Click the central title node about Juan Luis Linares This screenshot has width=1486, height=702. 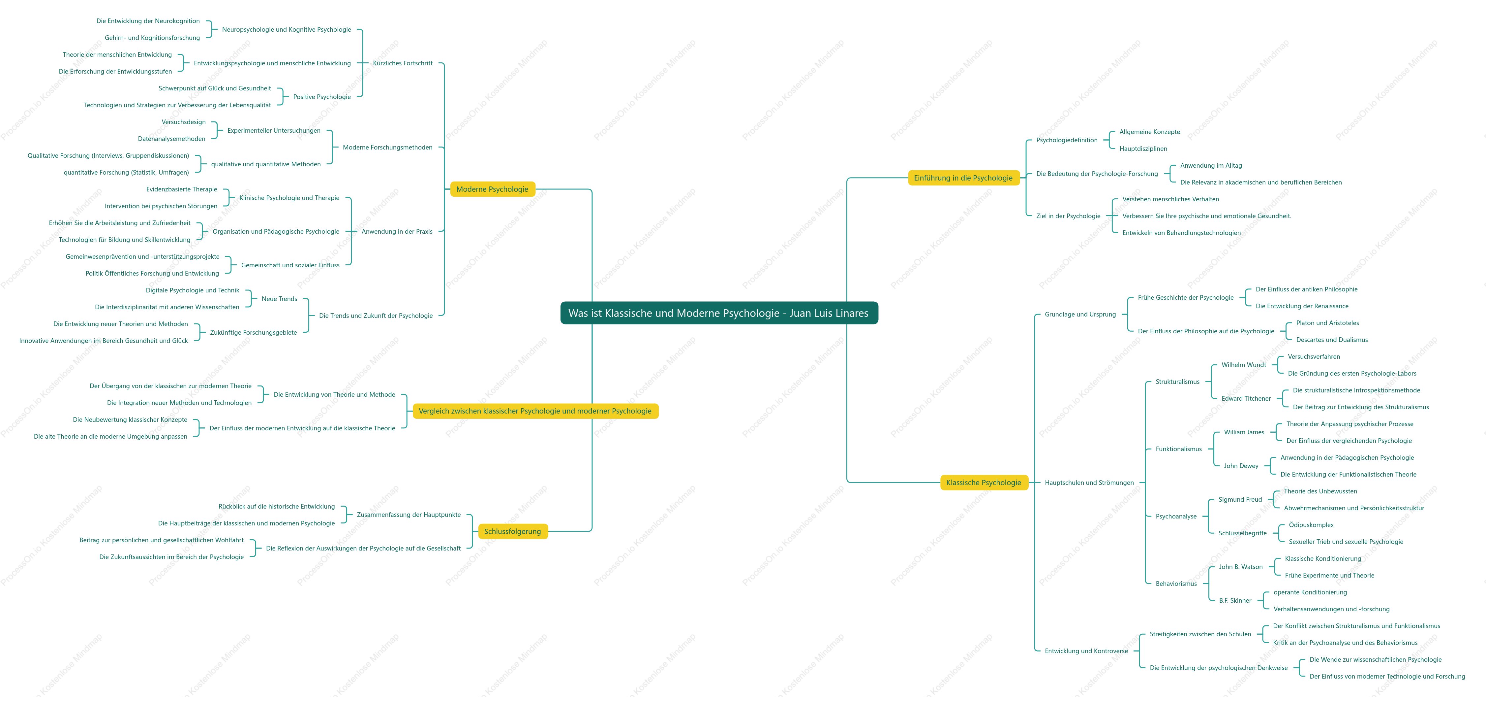click(719, 313)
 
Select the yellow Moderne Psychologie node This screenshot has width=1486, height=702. click(492, 189)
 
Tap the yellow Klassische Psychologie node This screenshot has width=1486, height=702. click(984, 483)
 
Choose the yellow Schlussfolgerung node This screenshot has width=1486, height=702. click(512, 531)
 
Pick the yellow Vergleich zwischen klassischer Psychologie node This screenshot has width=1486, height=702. click(535, 411)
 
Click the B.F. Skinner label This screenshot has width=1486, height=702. click(1235, 600)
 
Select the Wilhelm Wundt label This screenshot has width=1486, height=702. click(1244, 365)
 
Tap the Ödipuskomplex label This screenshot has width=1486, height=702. click(1311, 525)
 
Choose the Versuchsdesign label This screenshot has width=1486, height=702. click(183, 122)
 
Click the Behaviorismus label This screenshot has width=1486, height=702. click(1176, 584)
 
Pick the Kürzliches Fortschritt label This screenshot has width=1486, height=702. click(403, 63)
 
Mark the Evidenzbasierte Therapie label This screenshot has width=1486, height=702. click(182, 189)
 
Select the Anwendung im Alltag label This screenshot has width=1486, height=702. click(1211, 166)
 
